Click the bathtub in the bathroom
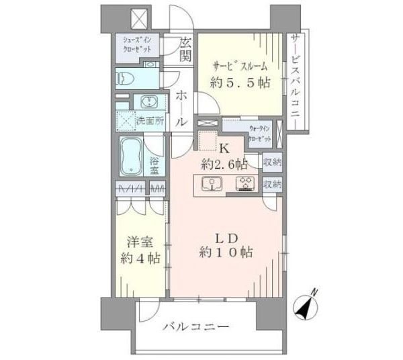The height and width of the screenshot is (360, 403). (133, 156)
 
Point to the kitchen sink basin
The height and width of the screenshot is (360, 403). (209, 184)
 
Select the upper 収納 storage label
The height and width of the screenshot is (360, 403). (272, 162)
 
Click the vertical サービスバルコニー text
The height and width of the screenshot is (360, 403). (295, 80)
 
